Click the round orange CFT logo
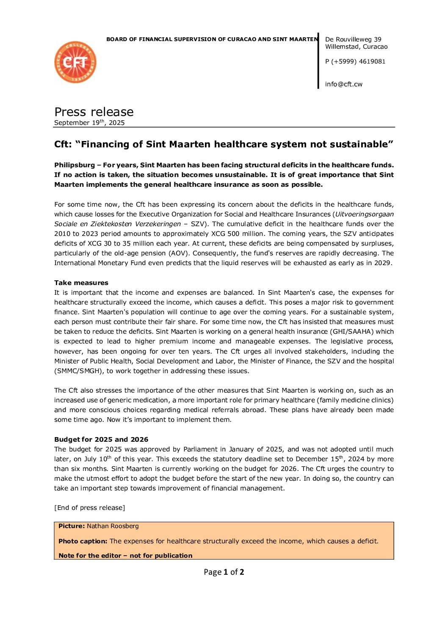pos(75,62)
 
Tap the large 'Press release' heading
pos(94,112)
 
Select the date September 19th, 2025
pos(89,123)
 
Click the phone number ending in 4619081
pos(355,61)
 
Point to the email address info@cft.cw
pos(343,84)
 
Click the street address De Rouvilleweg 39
pos(353,39)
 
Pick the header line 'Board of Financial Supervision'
pos(212,39)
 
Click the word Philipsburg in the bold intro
pos(75,165)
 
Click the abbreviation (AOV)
pos(179,253)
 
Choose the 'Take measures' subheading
pos(81,283)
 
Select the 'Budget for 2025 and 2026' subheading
pos(101,440)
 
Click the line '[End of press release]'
pos(89,508)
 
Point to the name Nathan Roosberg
pos(113,526)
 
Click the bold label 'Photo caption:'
pos(83,541)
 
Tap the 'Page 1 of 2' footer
pos(224,572)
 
